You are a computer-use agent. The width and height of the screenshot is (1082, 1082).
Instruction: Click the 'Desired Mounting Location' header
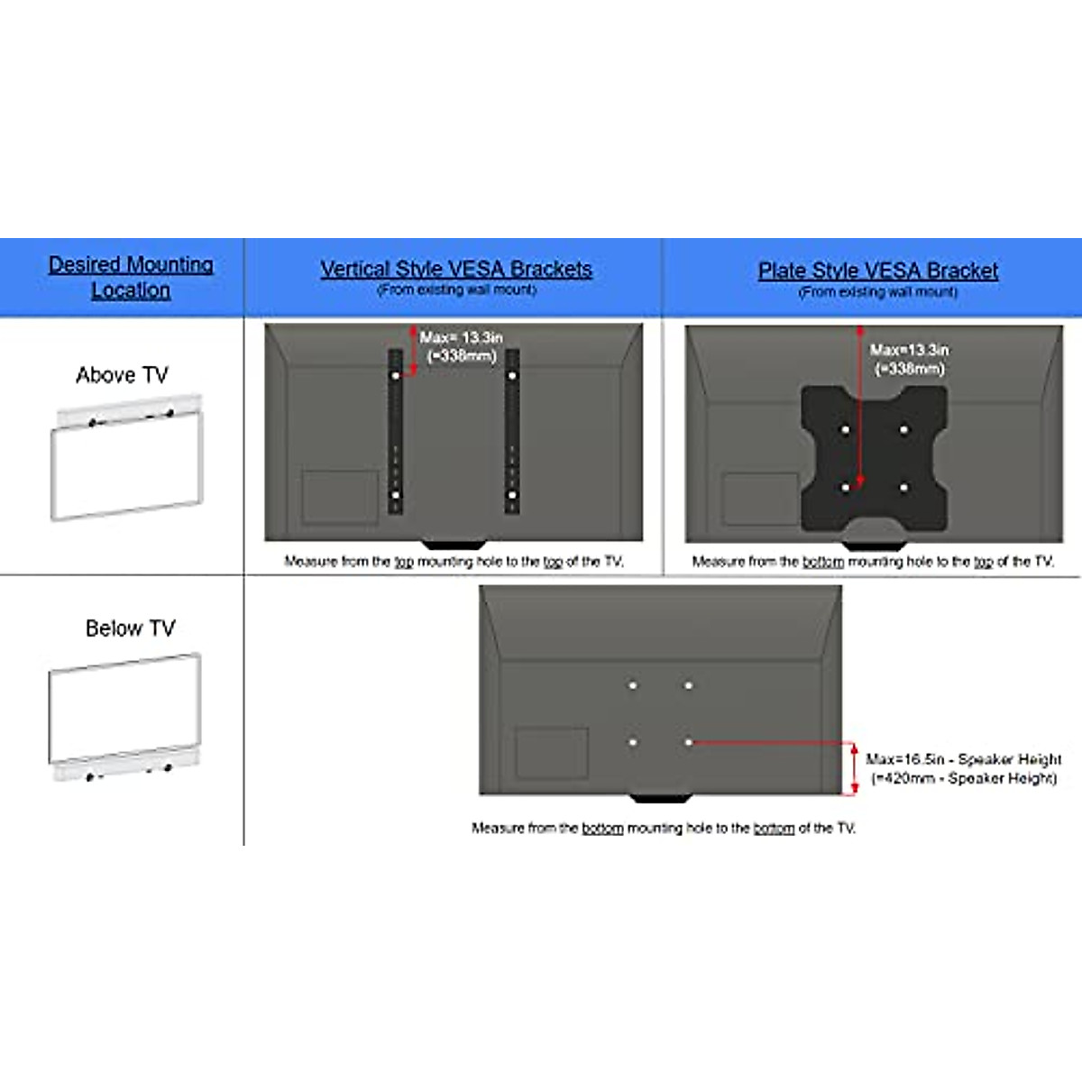coord(131,277)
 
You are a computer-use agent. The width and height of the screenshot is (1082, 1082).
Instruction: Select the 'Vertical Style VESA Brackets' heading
coord(456,270)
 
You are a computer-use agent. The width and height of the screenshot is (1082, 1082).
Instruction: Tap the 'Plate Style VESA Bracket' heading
coord(877,270)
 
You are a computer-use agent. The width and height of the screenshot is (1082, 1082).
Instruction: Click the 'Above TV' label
coord(122,375)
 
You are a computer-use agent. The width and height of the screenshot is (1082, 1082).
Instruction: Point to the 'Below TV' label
coord(130,628)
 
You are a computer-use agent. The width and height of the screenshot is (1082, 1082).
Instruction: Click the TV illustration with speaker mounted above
coord(126,458)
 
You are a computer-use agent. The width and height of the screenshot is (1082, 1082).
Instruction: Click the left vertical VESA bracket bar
coord(395,433)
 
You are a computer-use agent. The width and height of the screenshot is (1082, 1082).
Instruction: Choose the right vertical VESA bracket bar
coord(512,433)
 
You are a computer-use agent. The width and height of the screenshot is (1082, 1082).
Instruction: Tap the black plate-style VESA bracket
coord(874,459)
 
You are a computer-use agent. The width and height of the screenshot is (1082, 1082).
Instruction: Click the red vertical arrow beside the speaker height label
coord(854,768)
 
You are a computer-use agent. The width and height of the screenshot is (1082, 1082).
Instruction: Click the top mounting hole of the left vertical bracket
coord(395,375)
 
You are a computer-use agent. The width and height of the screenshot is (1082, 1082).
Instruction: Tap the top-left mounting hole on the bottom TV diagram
coord(633,685)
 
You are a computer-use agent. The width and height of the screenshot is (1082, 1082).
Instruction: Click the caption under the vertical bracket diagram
coord(454,561)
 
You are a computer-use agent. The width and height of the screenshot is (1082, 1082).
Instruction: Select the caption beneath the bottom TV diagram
coord(663,828)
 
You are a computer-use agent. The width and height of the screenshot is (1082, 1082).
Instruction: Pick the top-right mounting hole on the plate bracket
coord(903,430)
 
